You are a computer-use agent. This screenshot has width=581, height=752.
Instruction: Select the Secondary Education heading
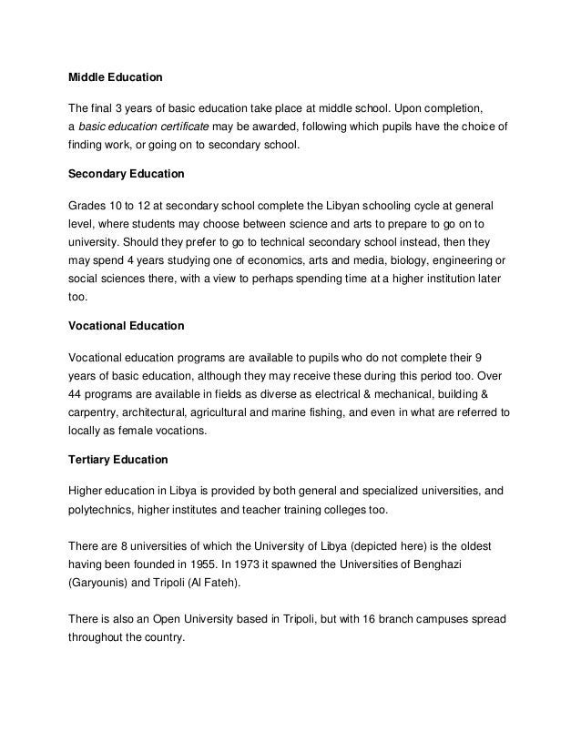pyautogui.click(x=127, y=172)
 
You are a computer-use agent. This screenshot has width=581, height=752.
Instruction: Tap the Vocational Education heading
pyautogui.click(x=127, y=325)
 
